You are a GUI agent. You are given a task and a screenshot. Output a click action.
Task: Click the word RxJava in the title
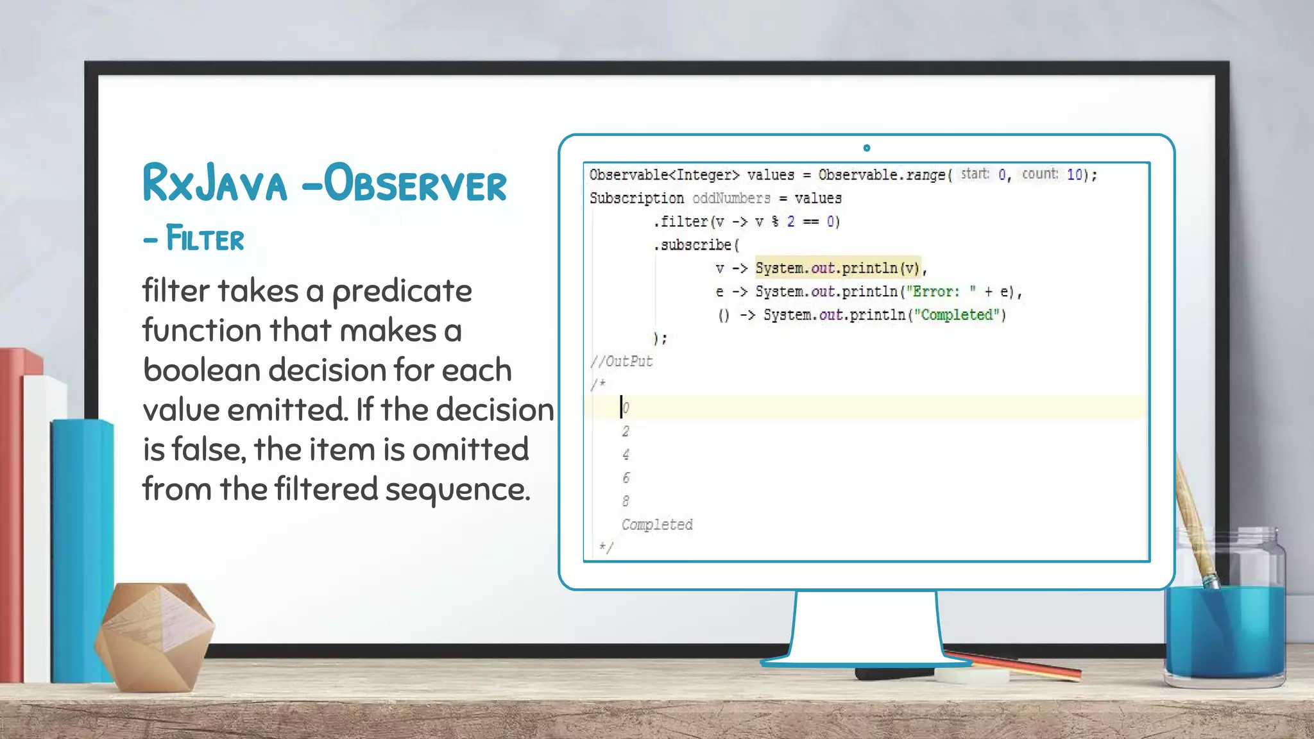(215, 183)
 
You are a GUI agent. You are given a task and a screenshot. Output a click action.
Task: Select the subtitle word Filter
(205, 239)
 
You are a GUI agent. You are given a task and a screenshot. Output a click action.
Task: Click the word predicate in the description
(402, 292)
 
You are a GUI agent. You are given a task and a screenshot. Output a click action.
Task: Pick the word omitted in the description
(470, 449)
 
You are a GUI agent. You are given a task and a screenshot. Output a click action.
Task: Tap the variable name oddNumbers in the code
(731, 198)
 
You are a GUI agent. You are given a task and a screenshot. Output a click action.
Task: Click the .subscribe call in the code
(694, 245)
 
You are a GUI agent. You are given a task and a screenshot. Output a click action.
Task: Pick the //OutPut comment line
(621, 362)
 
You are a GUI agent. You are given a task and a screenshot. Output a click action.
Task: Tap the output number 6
(626, 478)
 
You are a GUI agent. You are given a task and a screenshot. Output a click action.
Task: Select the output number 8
(626, 501)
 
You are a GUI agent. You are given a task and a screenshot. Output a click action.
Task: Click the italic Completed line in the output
(657, 525)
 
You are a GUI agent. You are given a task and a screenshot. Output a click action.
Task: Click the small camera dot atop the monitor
(867, 148)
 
